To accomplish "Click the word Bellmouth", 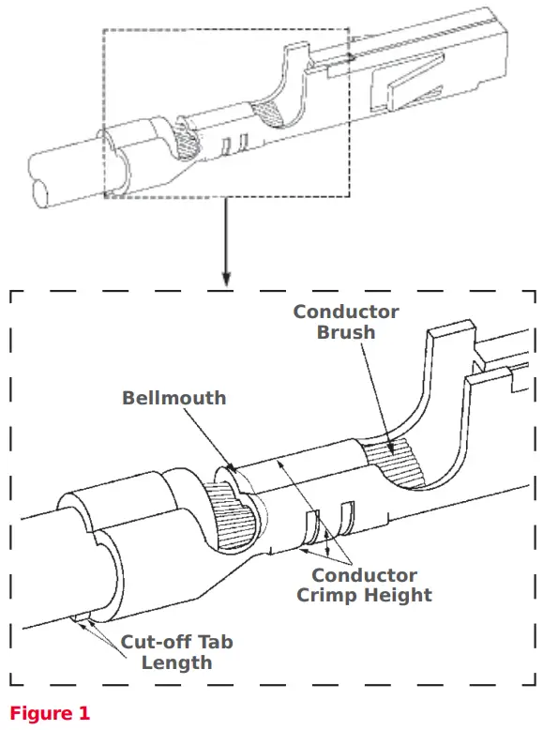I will pos(173,398).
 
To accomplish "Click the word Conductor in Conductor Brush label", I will pos(346,312).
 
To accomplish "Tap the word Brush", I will pos(346,332).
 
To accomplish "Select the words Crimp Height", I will pos(364,595).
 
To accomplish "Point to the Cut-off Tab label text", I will pos(176,643).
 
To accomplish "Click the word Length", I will pos(176,662).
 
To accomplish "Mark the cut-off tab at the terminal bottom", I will pos(82,618).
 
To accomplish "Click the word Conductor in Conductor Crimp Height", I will pos(364,575).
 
